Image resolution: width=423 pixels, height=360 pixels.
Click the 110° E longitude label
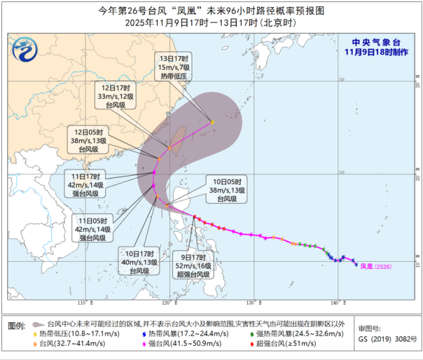point(83,302)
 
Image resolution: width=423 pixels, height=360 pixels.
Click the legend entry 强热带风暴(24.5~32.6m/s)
point(293,333)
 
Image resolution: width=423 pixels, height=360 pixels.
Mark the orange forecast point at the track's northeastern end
point(211,122)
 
